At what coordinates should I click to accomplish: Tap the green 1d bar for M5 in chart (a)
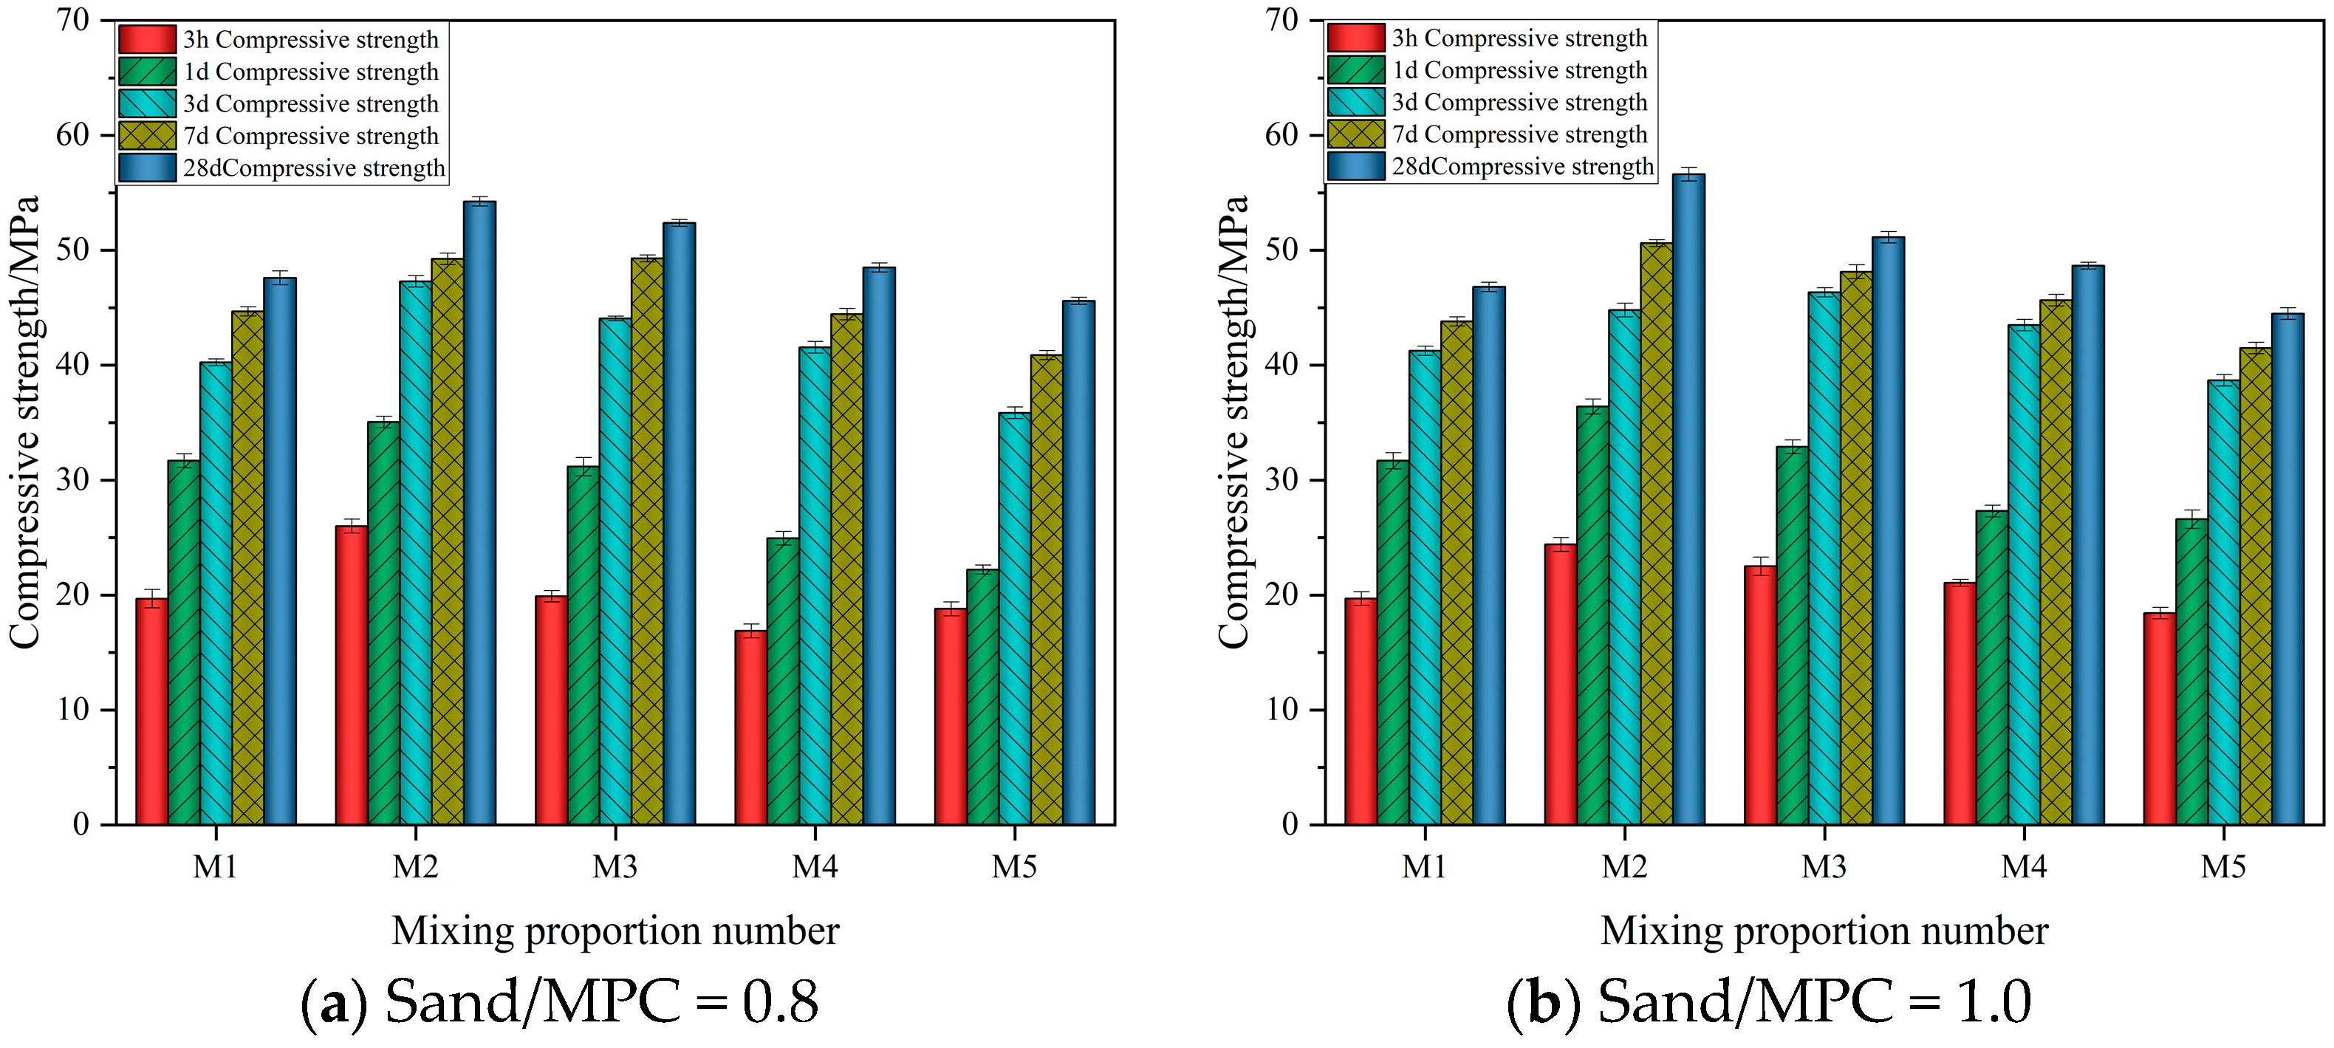pyautogui.click(x=982, y=697)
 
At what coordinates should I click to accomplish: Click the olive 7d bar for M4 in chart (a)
pyautogui.click(x=846, y=571)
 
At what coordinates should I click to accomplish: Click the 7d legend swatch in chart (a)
pyautogui.click(x=147, y=136)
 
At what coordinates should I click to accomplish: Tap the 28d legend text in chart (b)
pyautogui.click(x=1522, y=167)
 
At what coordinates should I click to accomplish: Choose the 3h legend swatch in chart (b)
pyautogui.click(x=1355, y=38)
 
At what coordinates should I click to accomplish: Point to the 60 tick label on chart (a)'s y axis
pyautogui.click(x=72, y=135)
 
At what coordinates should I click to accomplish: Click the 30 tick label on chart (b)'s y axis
pyautogui.click(x=1281, y=480)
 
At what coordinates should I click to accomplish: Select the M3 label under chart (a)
pyautogui.click(x=615, y=867)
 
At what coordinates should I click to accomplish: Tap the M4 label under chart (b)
pyautogui.click(x=2023, y=867)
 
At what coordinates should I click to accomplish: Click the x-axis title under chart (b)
pyautogui.click(x=1823, y=931)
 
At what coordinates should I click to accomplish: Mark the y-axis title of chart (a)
pyautogui.click(x=25, y=421)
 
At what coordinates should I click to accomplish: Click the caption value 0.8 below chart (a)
pyautogui.click(x=779, y=1003)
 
